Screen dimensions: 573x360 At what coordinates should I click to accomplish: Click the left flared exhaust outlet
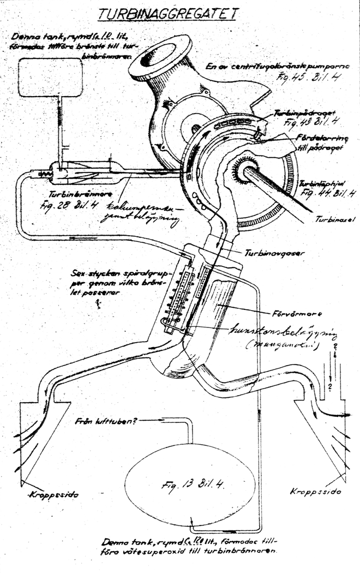pos(44,437)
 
